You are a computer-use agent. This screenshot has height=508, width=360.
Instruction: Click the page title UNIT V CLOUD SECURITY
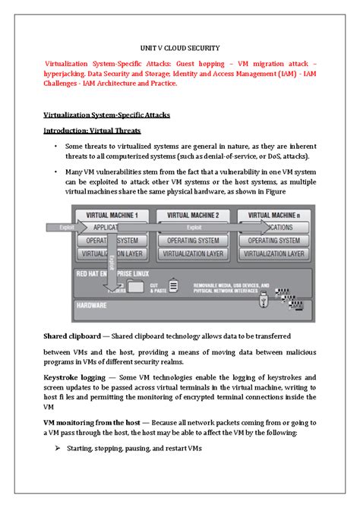pos(179,46)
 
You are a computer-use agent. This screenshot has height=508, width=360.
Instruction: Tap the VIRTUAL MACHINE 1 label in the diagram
pos(112,215)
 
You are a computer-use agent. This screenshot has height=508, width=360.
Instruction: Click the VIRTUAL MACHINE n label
pos(274,215)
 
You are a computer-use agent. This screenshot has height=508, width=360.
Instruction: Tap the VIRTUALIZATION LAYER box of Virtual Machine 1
pos(112,253)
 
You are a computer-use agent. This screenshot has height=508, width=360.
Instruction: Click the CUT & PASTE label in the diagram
pos(156,286)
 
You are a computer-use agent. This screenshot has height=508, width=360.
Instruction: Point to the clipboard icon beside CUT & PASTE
pos(173,286)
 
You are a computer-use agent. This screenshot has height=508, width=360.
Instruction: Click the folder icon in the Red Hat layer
pos(137,286)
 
